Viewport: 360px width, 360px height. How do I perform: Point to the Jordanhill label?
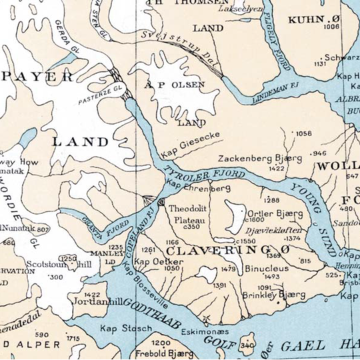coord(97,300)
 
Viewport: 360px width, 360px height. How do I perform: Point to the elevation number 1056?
coord(303,133)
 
